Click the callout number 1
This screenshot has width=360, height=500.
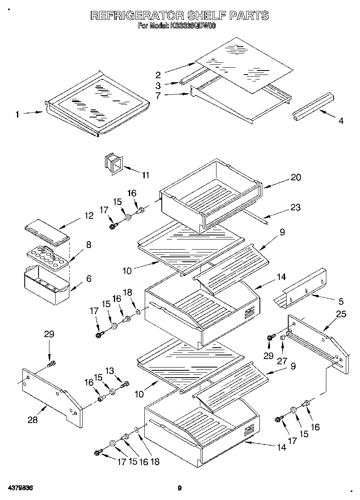tap(17, 115)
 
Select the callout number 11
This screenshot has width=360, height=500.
tap(145, 175)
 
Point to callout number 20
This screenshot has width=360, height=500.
tap(296, 177)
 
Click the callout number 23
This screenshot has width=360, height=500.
tap(296, 207)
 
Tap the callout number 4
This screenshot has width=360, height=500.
tap(341, 121)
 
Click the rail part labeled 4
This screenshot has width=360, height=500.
tap(312, 106)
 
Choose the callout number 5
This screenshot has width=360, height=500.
tap(341, 301)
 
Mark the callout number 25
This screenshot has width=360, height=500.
tap(341, 314)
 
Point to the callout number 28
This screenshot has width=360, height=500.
tap(32, 420)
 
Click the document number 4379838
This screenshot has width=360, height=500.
tap(20, 488)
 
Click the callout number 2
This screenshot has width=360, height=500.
tap(158, 75)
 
